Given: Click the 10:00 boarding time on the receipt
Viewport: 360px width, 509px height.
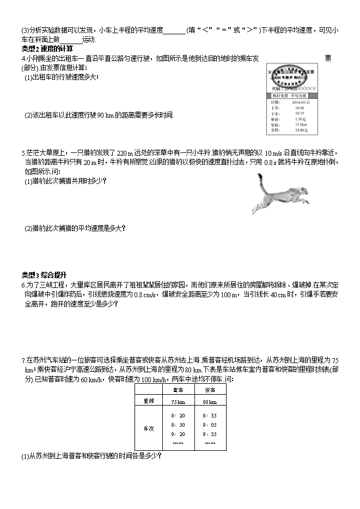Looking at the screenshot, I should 299,108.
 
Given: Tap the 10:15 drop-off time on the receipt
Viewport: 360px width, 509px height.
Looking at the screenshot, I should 299,113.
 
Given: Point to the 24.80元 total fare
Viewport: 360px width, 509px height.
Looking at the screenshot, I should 301,130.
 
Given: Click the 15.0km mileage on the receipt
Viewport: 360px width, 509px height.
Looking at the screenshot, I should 300,125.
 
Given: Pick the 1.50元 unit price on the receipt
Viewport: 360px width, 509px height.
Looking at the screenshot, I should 300,119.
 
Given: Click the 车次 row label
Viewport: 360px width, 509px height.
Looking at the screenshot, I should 148,428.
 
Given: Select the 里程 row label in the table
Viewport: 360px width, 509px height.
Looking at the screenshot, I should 148,401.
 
